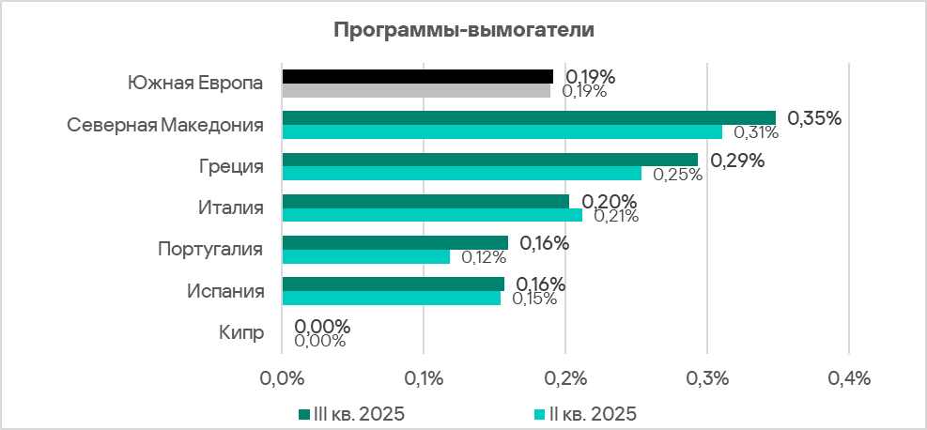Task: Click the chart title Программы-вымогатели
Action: coord(464,29)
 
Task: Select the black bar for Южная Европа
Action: coord(417,76)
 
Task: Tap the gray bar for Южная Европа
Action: coord(416,91)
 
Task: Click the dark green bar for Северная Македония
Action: coord(529,117)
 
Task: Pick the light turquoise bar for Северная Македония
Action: coord(502,132)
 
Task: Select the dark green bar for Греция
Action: coord(489,159)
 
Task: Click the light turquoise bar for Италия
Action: coord(431,215)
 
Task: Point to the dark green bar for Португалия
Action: coord(394,242)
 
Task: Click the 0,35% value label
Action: coord(814,118)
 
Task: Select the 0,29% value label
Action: coord(737,160)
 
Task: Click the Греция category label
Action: coord(230,167)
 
